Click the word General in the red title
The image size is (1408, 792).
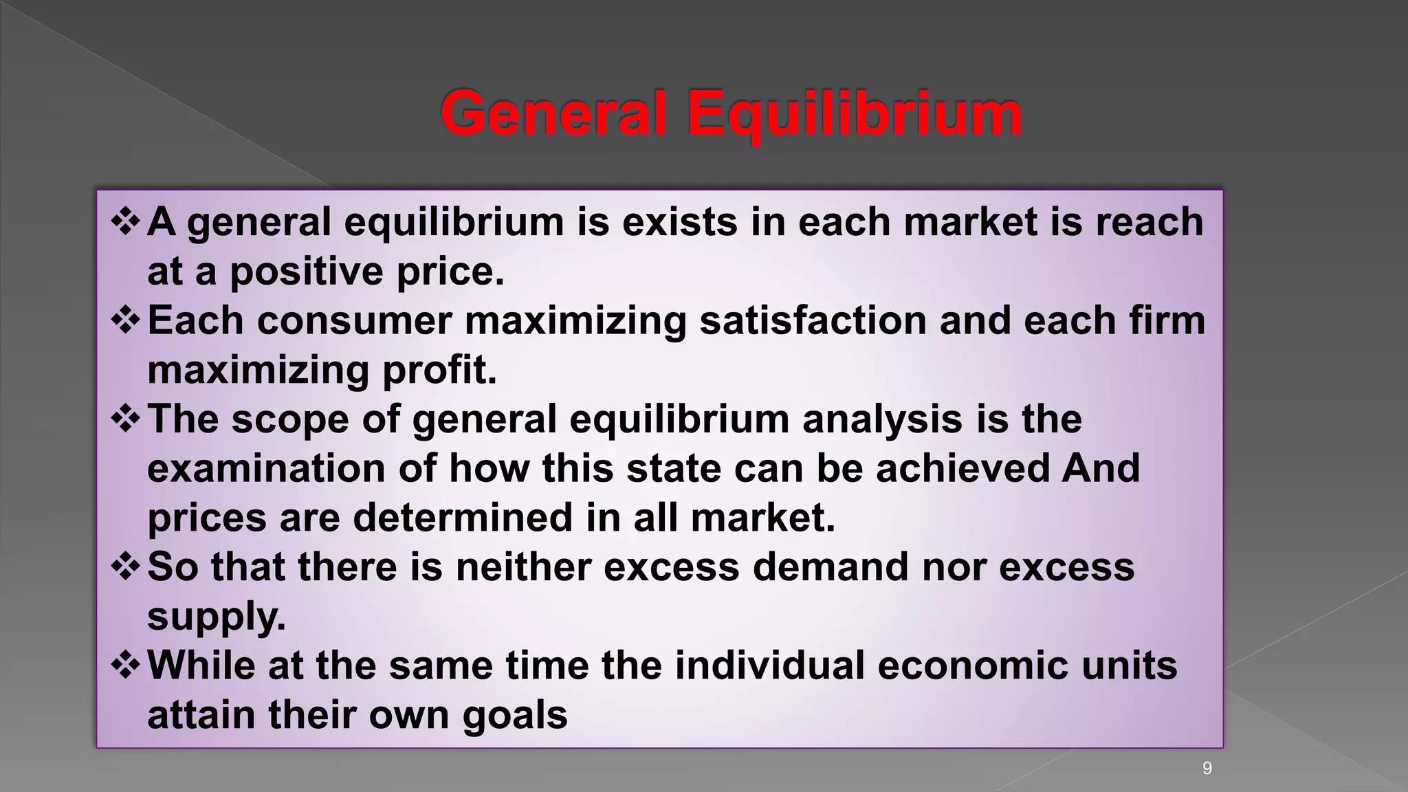click(553, 113)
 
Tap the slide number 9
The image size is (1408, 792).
click(1207, 769)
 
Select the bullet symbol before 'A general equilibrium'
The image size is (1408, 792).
click(126, 222)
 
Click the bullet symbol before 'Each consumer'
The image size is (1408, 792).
click(126, 320)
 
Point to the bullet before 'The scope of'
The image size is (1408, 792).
click(126, 419)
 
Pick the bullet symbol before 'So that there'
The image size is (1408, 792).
click(126, 566)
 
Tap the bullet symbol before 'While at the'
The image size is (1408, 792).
click(126, 665)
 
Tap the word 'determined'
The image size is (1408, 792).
click(463, 518)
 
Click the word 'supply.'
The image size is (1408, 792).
click(216, 617)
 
